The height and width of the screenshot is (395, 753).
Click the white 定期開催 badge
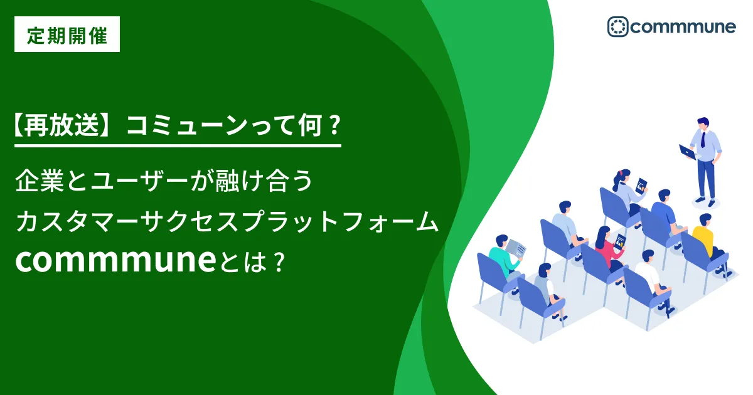point(67,34)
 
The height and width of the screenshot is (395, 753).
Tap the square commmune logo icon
point(617,26)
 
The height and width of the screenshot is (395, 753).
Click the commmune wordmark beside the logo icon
point(683,27)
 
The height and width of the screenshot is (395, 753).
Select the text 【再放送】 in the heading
point(62,125)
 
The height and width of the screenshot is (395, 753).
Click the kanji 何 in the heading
point(311,125)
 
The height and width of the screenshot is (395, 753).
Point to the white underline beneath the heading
point(178,145)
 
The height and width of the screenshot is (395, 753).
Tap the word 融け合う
point(264,181)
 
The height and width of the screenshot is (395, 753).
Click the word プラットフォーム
point(341,222)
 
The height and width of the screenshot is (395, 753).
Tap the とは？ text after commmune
point(253,262)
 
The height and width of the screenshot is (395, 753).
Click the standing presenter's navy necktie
point(703,140)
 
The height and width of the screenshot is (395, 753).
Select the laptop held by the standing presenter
point(688,152)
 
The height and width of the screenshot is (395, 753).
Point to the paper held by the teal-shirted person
point(516,248)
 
